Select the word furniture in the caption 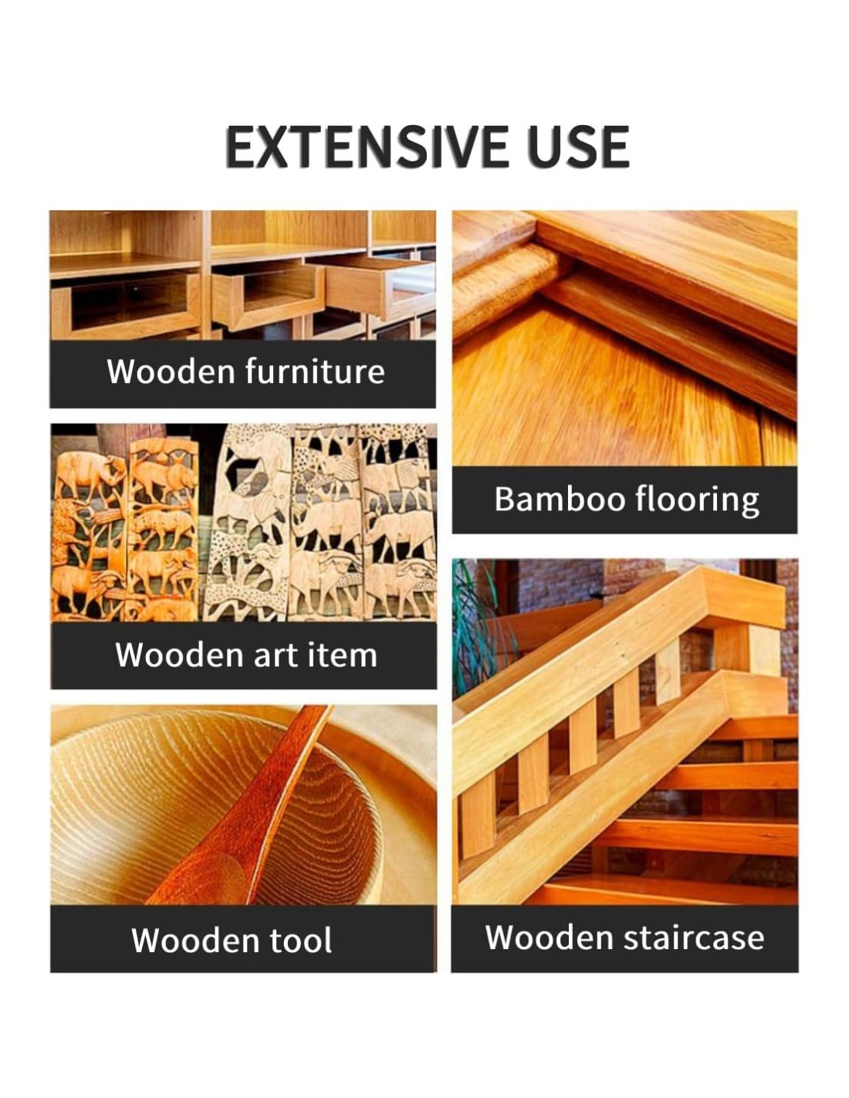point(315,371)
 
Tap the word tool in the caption point(300,940)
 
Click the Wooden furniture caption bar point(242,374)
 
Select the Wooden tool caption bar point(243,940)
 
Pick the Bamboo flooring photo point(624,338)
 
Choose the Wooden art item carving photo point(243,523)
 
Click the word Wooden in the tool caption point(195,940)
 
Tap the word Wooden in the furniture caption point(171,372)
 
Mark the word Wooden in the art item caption point(179,656)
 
